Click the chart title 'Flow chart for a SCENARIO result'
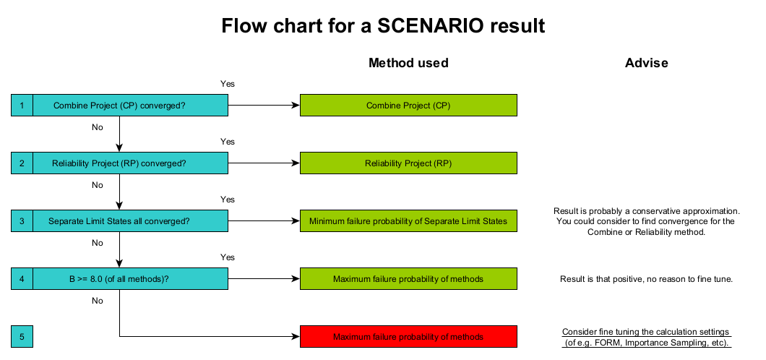tap(382, 26)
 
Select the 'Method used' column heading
tap(408, 63)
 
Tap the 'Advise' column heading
tap(646, 63)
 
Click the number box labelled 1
tap(22, 106)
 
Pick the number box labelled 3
tap(22, 221)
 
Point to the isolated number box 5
tap(22, 337)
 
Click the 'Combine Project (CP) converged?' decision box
tap(130, 106)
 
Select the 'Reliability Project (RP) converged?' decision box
tap(130, 163)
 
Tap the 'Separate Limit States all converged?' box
tap(130, 221)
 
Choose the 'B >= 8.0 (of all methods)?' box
tap(130, 279)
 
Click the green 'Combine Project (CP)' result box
tap(408, 106)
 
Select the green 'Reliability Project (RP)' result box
tap(408, 163)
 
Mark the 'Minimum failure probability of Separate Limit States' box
tap(408, 221)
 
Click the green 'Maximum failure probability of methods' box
tap(408, 279)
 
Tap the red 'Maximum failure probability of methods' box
tap(408, 337)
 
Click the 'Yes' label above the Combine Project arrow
tap(227, 84)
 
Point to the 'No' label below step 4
tap(98, 301)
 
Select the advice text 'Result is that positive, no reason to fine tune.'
tap(646, 279)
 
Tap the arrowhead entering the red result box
tap(296, 337)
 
